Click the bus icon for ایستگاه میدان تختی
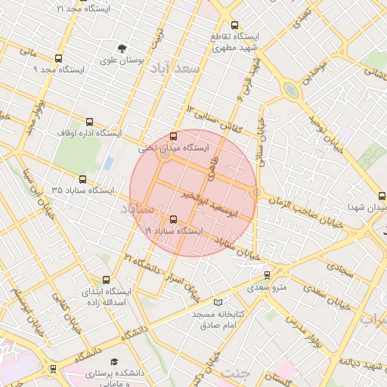[174, 137]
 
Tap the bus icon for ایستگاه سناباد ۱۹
[174, 219]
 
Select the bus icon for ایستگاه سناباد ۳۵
[83, 179]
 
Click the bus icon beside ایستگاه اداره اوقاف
[90, 122]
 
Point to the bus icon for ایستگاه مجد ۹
[60, 57]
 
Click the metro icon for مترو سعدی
[277, 275]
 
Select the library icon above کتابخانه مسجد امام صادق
[219, 302]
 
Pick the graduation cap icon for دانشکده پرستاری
[114, 362]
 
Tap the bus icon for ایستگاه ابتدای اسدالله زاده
[106, 280]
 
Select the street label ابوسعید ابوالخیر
[214, 203]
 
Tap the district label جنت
[236, 373]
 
